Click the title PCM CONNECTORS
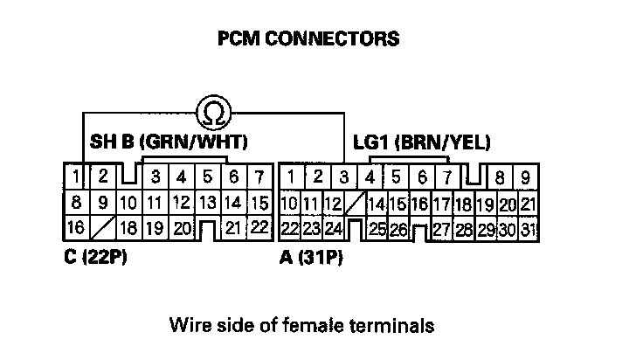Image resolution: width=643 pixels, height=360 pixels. coord(308,38)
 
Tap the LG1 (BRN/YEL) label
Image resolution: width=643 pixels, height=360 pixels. coord(421,142)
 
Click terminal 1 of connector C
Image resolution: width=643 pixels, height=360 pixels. coord(77,177)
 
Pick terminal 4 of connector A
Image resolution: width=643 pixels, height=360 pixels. coord(370,177)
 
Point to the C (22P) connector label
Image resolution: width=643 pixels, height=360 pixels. coord(96,259)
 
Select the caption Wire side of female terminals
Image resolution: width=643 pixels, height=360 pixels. coord(301,327)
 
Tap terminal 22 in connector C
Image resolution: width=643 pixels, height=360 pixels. coord(259,229)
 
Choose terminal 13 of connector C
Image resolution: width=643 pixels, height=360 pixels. coord(207,204)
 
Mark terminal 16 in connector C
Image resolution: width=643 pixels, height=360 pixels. coord(76,229)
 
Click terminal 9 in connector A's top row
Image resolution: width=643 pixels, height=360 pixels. coord(525,178)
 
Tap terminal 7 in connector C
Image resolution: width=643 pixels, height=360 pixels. coord(259,178)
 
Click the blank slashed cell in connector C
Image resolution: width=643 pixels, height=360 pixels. coord(103,229)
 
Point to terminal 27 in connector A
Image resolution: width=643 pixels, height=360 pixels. coord(440,230)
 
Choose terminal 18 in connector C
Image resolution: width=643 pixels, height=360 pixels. coord(129,229)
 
